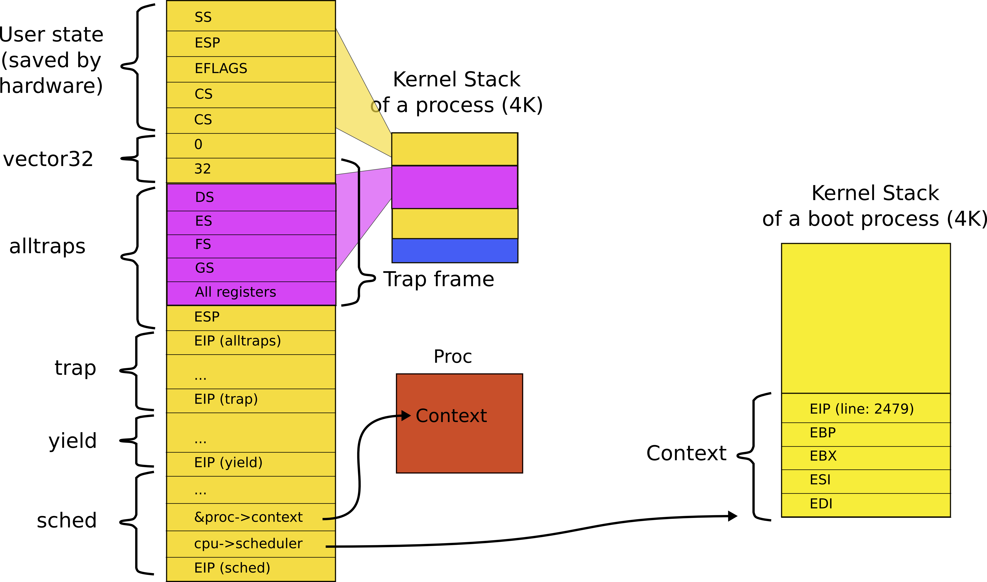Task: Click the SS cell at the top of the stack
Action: click(251, 16)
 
